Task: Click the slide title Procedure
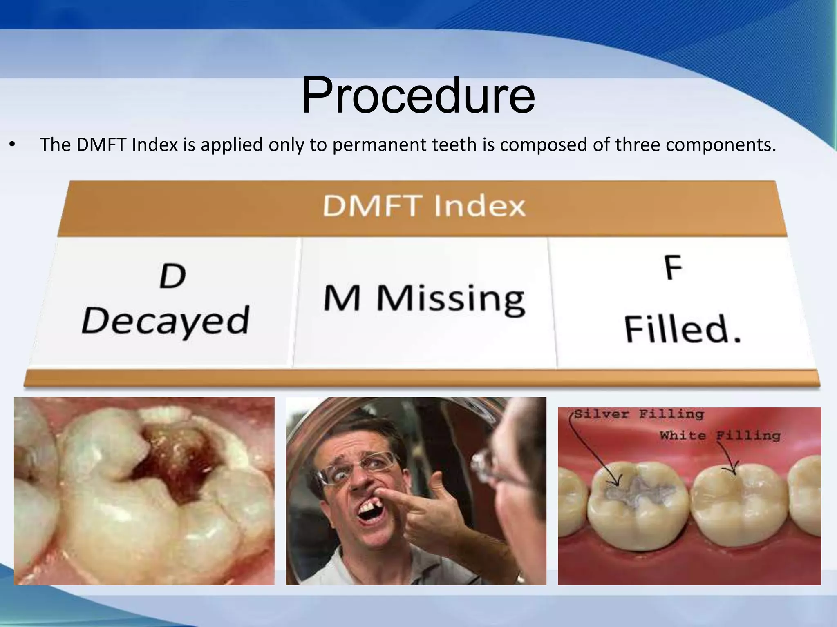coord(418,96)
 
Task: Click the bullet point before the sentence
coord(13,145)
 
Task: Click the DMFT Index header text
coord(424,206)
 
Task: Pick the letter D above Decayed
coord(172,276)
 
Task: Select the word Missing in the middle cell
coord(450,299)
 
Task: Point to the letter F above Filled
coord(673,267)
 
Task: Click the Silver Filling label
coord(639,414)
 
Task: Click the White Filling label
coord(720,436)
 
